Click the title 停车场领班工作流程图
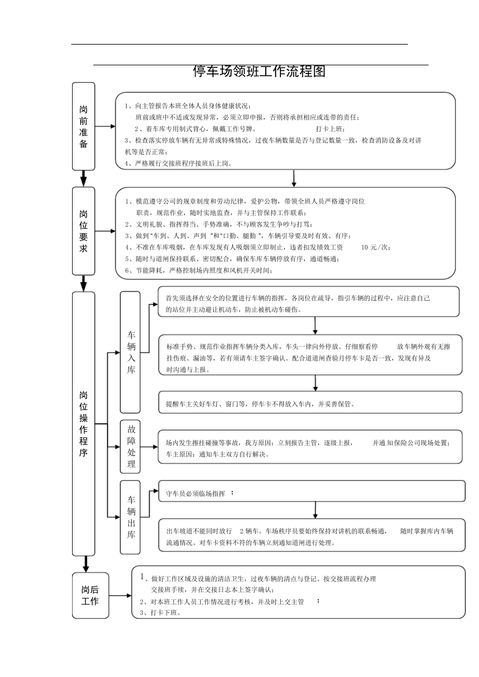pyautogui.click(x=259, y=72)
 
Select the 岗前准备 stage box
pyautogui.click(x=84, y=126)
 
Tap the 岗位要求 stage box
pyautogui.click(x=84, y=231)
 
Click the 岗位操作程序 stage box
pyautogui.click(x=84, y=423)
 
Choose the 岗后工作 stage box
pyautogui.click(x=90, y=595)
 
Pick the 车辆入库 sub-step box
pyautogui.click(x=131, y=352)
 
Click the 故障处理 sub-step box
pyautogui.click(x=131, y=446)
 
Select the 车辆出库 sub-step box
pyautogui.click(x=131, y=517)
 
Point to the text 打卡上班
pyautogui.click(x=330, y=129)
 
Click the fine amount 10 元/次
pyautogui.click(x=376, y=247)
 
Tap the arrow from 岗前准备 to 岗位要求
pyautogui.click(x=84, y=179)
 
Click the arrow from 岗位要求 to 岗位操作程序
pyautogui.click(x=84, y=284)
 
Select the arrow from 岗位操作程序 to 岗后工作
pyautogui.click(x=86, y=564)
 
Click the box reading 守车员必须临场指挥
pyautogui.click(x=312, y=491)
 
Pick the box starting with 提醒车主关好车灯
pyautogui.click(x=310, y=402)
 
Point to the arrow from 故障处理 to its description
pyautogui.click(x=149, y=446)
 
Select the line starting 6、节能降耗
pyautogui.click(x=199, y=270)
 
